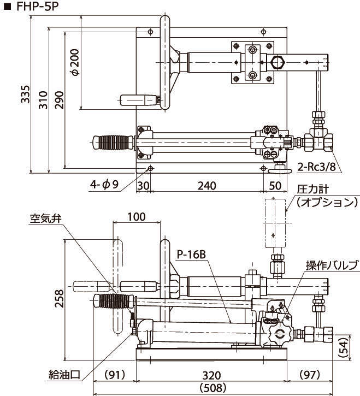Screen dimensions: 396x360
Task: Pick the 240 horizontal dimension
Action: click(x=206, y=185)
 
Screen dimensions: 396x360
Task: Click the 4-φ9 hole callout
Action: click(x=104, y=185)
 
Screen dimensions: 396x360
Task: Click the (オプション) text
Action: click(x=326, y=203)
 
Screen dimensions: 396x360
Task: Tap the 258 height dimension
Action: click(x=61, y=299)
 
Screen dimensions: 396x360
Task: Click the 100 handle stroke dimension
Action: click(x=137, y=216)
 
